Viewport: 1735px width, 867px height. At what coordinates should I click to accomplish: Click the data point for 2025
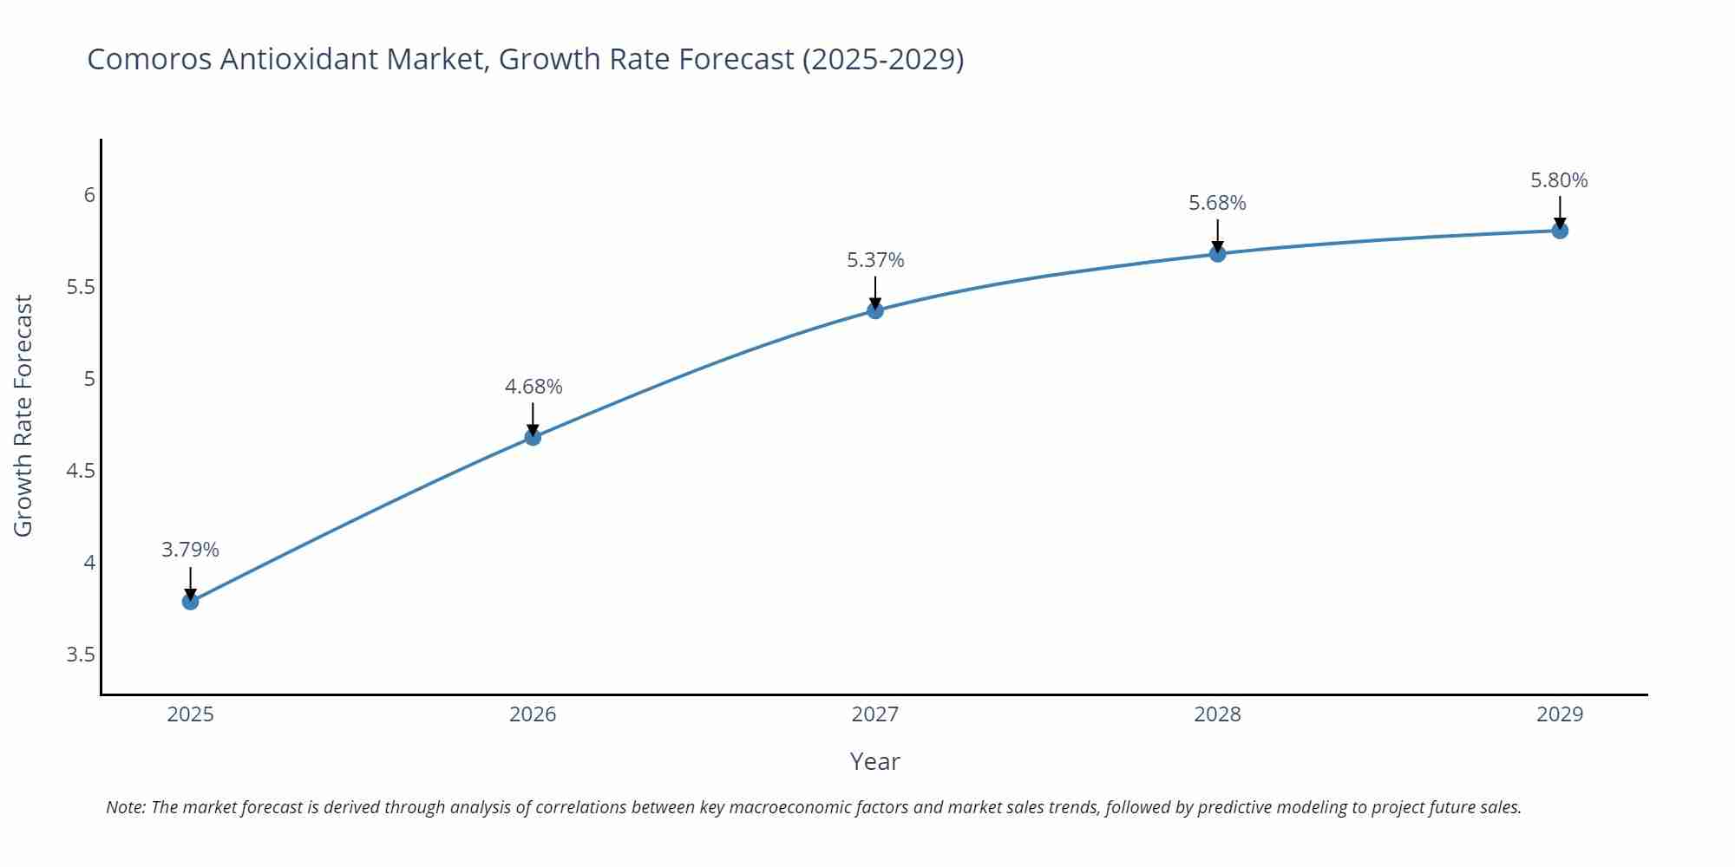pyautogui.click(x=191, y=601)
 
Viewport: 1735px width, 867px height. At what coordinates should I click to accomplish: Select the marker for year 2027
pyautogui.click(x=875, y=310)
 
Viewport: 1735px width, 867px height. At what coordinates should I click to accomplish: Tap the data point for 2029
pyautogui.click(x=1560, y=231)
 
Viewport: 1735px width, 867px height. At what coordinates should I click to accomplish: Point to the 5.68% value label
pyautogui.click(x=1217, y=203)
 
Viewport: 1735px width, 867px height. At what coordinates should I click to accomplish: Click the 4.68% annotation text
pyautogui.click(x=534, y=387)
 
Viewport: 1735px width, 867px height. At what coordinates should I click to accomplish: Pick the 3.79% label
pyautogui.click(x=191, y=550)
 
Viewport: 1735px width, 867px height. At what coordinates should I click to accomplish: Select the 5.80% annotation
pyautogui.click(x=1559, y=180)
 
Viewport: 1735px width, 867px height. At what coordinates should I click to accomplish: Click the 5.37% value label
pyautogui.click(x=875, y=260)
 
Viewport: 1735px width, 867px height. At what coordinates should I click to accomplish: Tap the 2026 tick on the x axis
pyautogui.click(x=533, y=714)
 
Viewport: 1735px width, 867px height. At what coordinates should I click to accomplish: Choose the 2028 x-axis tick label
pyautogui.click(x=1217, y=714)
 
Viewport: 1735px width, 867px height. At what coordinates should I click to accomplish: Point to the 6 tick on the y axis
pyautogui.click(x=89, y=195)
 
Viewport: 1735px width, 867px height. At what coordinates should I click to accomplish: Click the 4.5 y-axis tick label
pyautogui.click(x=81, y=471)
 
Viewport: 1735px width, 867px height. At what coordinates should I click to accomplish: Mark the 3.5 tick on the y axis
pyautogui.click(x=81, y=655)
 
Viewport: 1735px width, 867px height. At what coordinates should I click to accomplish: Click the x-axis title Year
pyautogui.click(x=874, y=761)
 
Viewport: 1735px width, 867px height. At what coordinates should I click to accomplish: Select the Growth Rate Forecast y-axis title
pyautogui.click(x=23, y=415)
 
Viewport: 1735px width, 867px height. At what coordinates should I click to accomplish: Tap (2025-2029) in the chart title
pyautogui.click(x=882, y=59)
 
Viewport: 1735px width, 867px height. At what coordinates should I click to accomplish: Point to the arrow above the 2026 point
pyautogui.click(x=533, y=419)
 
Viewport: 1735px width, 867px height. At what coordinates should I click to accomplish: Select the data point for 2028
pyautogui.click(x=1217, y=253)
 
